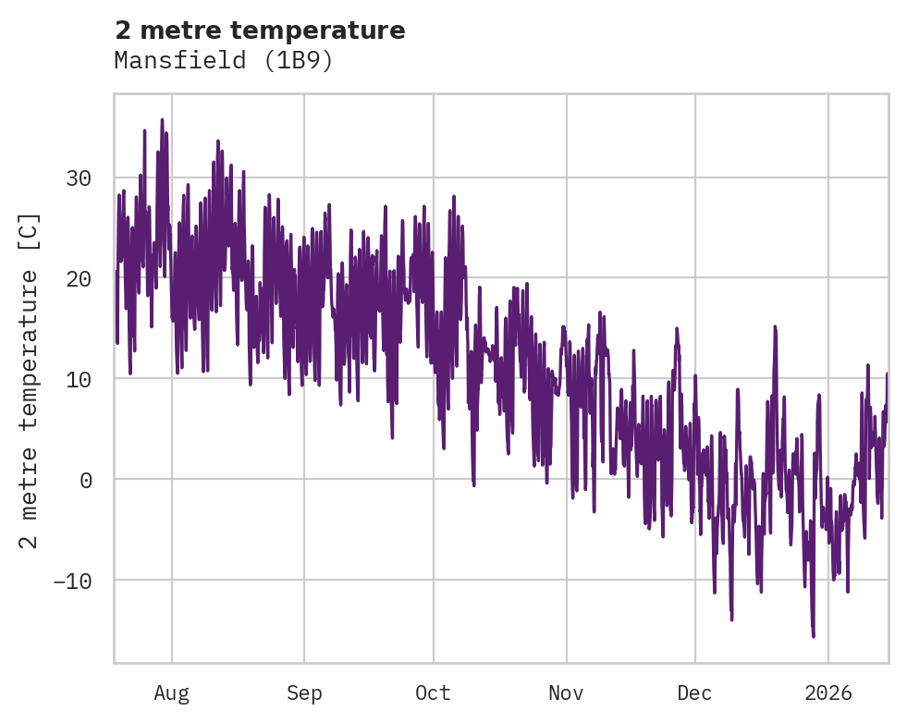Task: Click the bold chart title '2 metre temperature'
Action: pyautogui.click(x=260, y=31)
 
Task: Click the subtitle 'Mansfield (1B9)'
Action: pyautogui.click(x=223, y=61)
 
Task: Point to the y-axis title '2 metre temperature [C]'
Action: pyautogui.click(x=30, y=380)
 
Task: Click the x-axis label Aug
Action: pyautogui.click(x=171, y=693)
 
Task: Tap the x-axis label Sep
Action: pyautogui.click(x=303, y=693)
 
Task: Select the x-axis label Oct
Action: pyautogui.click(x=433, y=693)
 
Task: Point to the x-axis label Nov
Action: pyautogui.click(x=566, y=693)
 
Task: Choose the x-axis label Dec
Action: pyautogui.click(x=694, y=693)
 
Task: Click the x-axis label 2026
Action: pyautogui.click(x=828, y=693)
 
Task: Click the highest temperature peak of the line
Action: pyautogui.click(x=162, y=119)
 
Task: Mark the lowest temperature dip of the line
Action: pyautogui.click(x=814, y=637)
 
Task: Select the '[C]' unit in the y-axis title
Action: pyautogui.click(x=30, y=232)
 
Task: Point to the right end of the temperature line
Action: pyautogui.click(x=887, y=374)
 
